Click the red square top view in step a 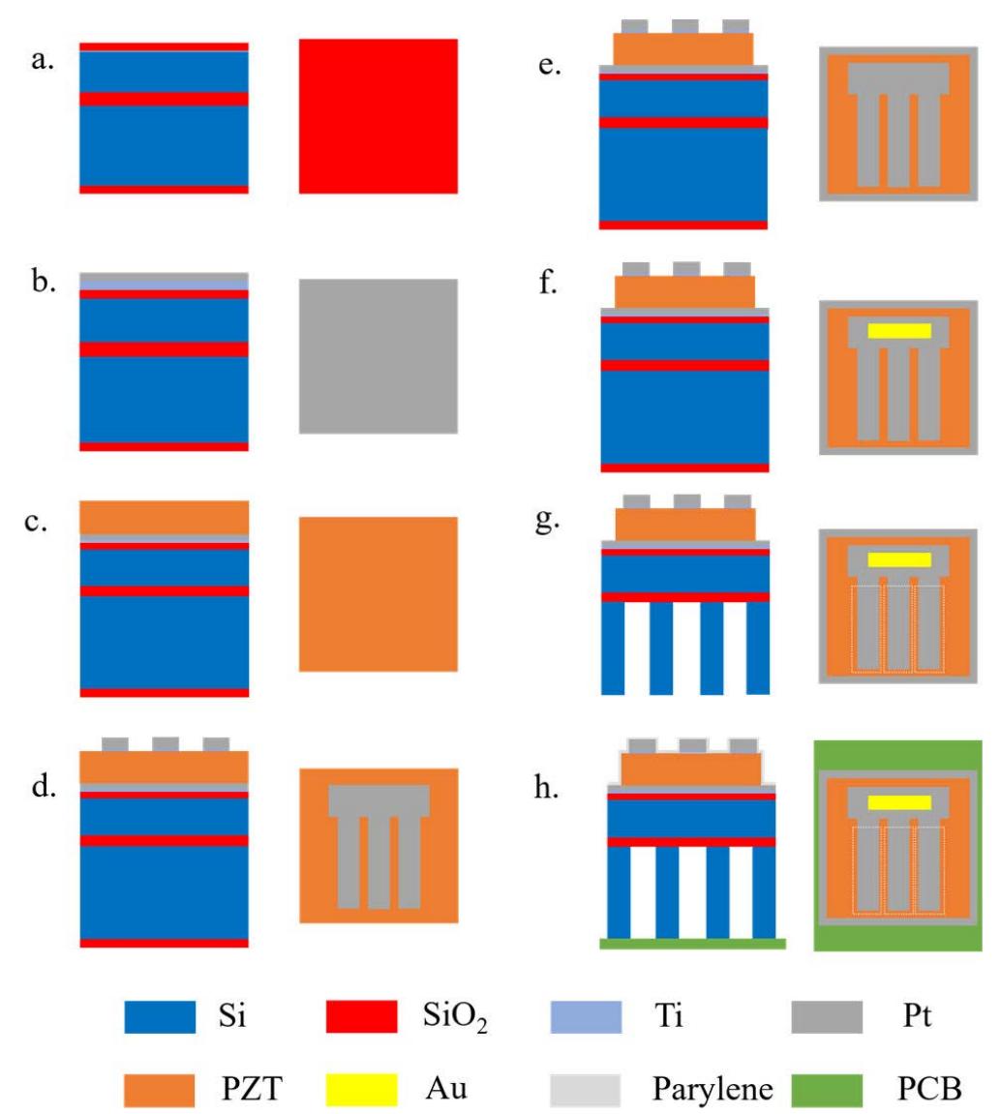pyautogui.click(x=378, y=116)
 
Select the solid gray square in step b pyautogui.click(x=378, y=356)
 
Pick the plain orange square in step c pyautogui.click(x=378, y=594)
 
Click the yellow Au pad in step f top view pyautogui.click(x=899, y=330)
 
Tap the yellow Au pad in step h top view pyautogui.click(x=899, y=802)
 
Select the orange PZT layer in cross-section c pyautogui.click(x=164, y=518)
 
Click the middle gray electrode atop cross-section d pyautogui.click(x=165, y=744)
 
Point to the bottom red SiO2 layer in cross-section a pyautogui.click(x=164, y=190)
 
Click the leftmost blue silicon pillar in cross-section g pyautogui.click(x=613, y=648)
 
